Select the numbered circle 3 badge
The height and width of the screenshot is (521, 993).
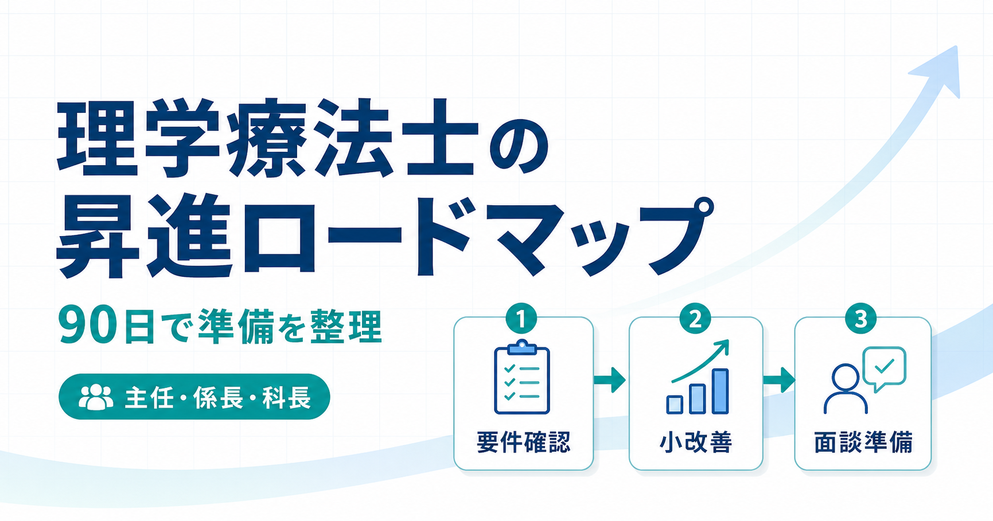point(861,319)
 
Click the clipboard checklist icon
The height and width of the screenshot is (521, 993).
point(522,377)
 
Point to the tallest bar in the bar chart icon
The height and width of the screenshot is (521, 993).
point(720,391)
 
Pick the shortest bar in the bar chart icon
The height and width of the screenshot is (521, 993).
point(675,404)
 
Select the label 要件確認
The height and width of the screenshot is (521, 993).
point(523,442)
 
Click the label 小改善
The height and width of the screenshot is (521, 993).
point(696,442)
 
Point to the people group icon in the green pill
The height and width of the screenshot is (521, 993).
point(96,397)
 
